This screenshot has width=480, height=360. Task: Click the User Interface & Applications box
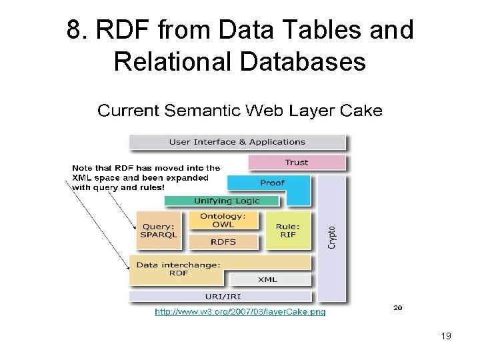[x=237, y=142]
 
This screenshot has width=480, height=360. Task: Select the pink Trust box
[x=297, y=162]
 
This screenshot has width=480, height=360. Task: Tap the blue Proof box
[x=272, y=183]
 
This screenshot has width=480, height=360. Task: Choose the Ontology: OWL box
[x=223, y=220]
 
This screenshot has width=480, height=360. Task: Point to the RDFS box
[x=223, y=241]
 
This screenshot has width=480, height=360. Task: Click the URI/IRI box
[x=220, y=296]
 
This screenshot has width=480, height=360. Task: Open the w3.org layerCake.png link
[x=240, y=311]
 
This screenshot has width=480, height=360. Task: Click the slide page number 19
[x=446, y=336]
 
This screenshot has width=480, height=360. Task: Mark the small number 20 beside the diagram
[x=398, y=308]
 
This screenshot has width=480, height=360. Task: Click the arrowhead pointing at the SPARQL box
[x=134, y=227]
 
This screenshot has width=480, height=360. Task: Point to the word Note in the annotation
[x=82, y=168]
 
